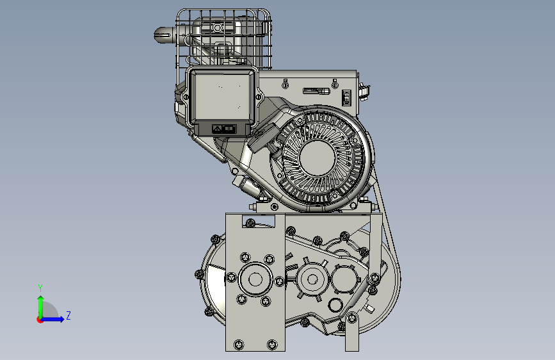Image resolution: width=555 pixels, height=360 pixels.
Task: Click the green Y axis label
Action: point(40,288)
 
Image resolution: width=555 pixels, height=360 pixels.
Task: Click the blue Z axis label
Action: point(68,315)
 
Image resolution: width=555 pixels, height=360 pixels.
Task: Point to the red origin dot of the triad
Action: point(40,320)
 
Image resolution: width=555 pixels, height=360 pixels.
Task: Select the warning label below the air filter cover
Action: point(224,129)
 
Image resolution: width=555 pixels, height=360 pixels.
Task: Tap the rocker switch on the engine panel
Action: point(346,97)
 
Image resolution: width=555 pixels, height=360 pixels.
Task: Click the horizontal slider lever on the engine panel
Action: point(316,91)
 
